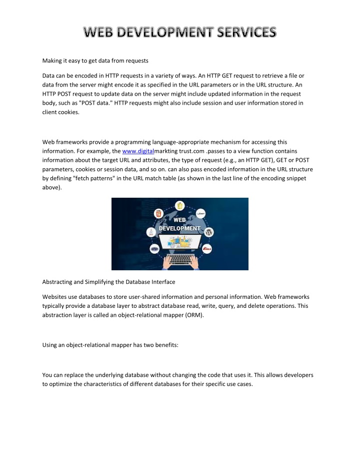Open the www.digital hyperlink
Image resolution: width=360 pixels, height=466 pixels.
138,151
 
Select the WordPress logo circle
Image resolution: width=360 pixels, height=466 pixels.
209,232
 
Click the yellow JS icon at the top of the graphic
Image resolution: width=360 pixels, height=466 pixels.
179,205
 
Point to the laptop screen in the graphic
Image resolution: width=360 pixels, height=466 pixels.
179,243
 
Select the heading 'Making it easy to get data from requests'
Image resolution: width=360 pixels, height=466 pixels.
95,61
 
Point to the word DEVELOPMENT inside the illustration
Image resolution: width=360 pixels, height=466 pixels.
180,229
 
